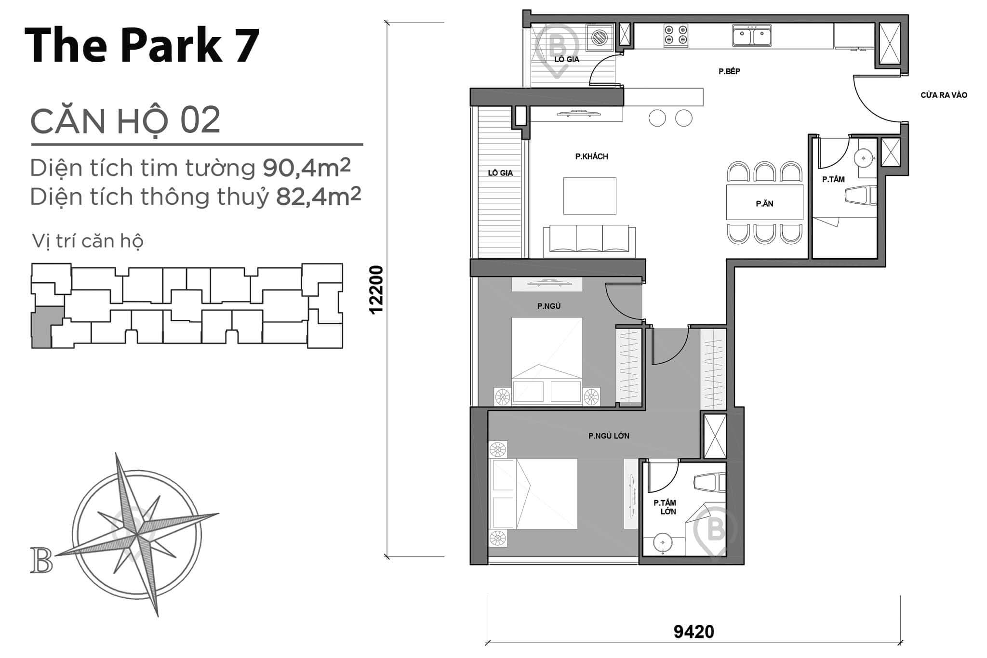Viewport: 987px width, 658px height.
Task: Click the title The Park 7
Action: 142,45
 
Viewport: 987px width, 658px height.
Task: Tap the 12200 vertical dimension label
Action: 376,290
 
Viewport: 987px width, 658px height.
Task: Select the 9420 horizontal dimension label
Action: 694,631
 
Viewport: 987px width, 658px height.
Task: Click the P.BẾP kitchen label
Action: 729,71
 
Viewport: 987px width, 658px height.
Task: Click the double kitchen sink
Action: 751,35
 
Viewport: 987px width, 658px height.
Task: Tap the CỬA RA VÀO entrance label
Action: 943,95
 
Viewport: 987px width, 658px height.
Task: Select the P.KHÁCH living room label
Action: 591,157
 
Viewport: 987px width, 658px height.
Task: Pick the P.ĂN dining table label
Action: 764,204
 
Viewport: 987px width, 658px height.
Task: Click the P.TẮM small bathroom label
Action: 833,179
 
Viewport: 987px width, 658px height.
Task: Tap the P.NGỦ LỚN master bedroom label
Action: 609,436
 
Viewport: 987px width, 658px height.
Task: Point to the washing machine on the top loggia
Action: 599,37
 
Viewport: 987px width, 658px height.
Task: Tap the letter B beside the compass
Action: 41,561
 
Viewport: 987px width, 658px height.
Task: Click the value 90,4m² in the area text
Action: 307,168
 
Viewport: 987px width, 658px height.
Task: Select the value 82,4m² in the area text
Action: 318,197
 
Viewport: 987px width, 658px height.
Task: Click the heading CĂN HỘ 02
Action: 125,120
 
